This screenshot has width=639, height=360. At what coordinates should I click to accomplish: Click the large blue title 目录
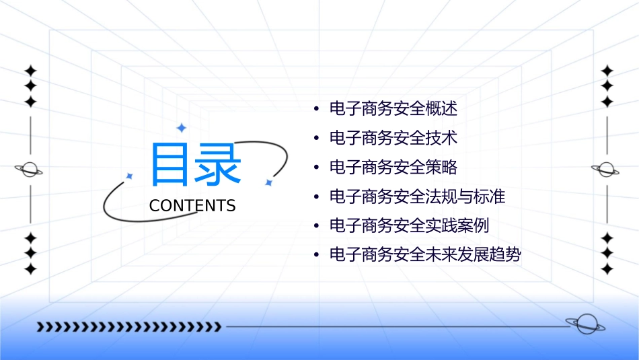[x=195, y=165]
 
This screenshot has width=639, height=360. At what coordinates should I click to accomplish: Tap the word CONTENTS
[x=192, y=206]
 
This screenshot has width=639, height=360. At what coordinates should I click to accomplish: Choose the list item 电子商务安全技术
[x=393, y=138]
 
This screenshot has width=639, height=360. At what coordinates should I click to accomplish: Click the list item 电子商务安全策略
[x=393, y=167]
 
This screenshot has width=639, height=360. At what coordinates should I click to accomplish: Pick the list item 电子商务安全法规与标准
[x=417, y=196]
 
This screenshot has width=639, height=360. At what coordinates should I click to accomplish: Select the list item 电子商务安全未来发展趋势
[x=425, y=255]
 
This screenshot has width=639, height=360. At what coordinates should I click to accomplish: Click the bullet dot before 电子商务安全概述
[x=315, y=109]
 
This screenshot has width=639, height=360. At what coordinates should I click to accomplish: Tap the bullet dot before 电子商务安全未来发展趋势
[x=315, y=256]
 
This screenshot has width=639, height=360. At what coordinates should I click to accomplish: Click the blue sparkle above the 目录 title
[x=181, y=128]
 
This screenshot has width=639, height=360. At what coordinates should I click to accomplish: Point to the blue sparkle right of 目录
[x=268, y=182]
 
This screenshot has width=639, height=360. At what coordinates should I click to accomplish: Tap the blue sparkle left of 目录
[x=130, y=176]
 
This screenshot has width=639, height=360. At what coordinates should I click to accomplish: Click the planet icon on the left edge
[x=30, y=170]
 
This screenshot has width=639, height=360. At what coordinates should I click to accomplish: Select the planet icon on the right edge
[x=606, y=170]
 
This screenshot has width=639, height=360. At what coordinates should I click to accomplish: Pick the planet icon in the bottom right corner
[x=585, y=324]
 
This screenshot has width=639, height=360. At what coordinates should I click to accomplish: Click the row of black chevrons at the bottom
[x=128, y=327]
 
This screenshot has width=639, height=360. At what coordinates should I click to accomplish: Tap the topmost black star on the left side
[x=30, y=71]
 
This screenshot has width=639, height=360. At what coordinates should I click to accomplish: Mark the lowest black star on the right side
[x=607, y=268]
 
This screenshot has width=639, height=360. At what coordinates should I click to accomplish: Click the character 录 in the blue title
[x=219, y=165]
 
